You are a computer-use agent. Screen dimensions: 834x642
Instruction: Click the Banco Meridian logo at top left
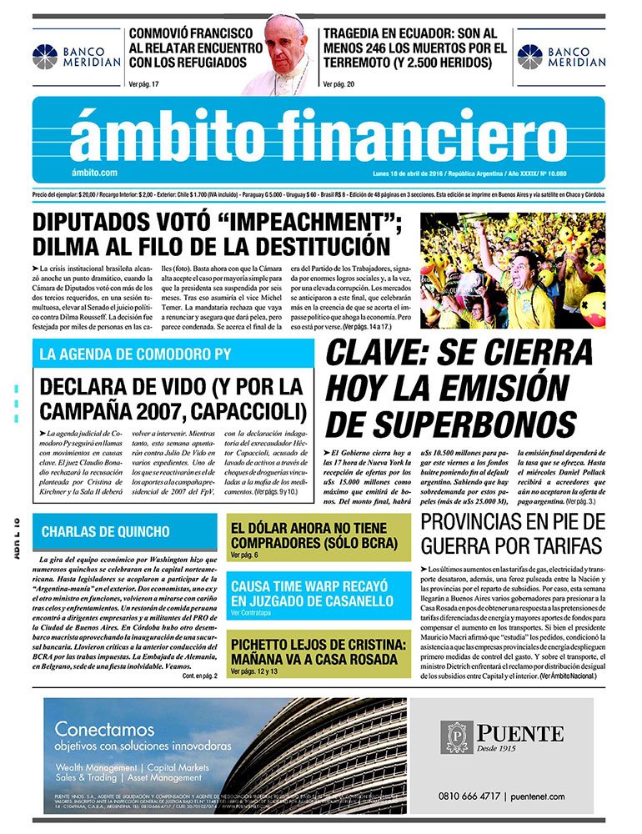[x=45, y=58]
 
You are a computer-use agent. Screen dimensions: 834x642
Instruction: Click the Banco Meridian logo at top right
[x=529, y=58]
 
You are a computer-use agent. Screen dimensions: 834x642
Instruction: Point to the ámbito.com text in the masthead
[x=94, y=173]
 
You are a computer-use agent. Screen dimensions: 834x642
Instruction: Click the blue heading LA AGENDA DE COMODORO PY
[x=135, y=354]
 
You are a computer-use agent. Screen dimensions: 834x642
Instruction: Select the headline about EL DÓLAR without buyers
[x=318, y=535]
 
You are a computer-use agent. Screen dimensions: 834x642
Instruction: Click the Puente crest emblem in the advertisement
[x=458, y=736]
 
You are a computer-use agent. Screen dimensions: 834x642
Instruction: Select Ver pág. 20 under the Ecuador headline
[x=339, y=83]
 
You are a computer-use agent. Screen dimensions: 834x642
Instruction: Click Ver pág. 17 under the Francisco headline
[x=144, y=83]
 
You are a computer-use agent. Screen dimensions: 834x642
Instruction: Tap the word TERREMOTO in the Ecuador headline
[x=370, y=63]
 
